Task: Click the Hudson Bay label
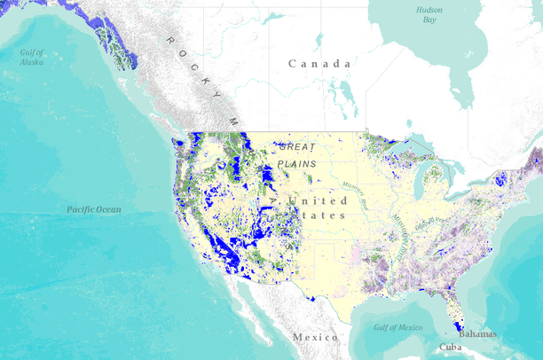click(429, 13)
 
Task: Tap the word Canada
click(319, 64)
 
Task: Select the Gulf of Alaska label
click(32, 58)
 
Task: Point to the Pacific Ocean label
click(93, 209)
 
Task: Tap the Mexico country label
click(315, 338)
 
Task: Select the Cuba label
click(451, 348)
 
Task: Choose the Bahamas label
click(477, 334)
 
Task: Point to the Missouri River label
click(354, 196)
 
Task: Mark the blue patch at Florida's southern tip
click(455, 318)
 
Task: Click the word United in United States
click(305, 201)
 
